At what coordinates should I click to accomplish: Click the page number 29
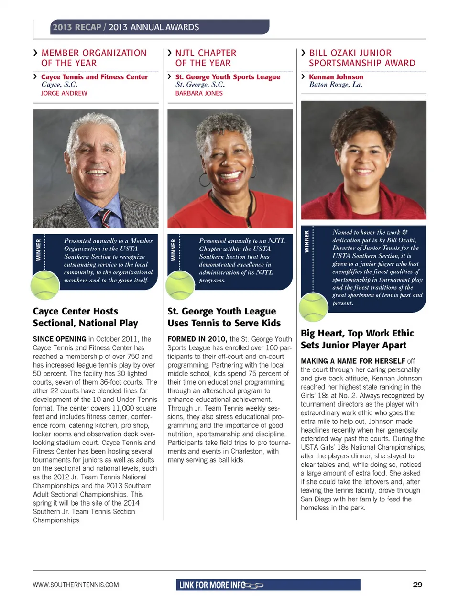pos(417,585)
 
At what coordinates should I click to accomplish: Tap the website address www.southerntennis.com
pos(76,585)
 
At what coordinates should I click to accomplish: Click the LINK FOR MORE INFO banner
pos(268,585)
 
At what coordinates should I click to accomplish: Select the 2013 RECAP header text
pos(76,27)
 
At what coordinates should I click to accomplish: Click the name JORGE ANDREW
pos(64,93)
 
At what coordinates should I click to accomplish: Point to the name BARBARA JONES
pos(199,93)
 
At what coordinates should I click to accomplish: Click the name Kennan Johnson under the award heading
pos(336,77)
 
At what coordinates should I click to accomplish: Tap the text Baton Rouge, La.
pos(336,85)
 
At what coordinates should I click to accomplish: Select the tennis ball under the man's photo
pos(45,285)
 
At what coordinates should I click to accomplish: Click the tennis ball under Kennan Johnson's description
pos(313,308)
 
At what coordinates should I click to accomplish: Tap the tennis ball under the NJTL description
pos(180,285)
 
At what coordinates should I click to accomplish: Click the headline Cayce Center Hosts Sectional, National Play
pos(85,317)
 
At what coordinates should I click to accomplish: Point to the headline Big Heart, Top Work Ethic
pos(357,334)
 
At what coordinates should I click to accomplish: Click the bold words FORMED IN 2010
pos(197,339)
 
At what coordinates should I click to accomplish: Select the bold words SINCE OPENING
pos(59,339)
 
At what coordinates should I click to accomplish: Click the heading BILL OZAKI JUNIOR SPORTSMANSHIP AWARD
pos(362,58)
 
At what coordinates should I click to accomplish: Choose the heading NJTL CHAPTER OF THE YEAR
pos(206,58)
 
